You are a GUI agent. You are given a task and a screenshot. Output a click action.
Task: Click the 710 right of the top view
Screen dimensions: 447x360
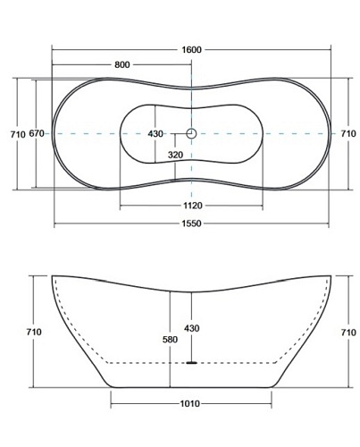(349, 134)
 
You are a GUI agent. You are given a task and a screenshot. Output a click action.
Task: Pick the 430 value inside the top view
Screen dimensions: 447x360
(155, 134)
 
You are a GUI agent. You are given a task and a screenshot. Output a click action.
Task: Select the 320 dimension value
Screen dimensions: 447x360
(175, 154)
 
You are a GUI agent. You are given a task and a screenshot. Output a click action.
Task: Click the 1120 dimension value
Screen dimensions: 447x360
(191, 203)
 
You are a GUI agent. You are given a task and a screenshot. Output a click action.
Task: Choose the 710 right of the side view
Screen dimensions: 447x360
(349, 332)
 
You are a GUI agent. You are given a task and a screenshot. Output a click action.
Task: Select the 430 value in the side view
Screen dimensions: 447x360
(191, 328)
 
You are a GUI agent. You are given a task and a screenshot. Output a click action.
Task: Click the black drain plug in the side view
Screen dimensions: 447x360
(190, 362)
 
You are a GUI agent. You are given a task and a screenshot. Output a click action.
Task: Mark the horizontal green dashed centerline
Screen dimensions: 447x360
(89, 134)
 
